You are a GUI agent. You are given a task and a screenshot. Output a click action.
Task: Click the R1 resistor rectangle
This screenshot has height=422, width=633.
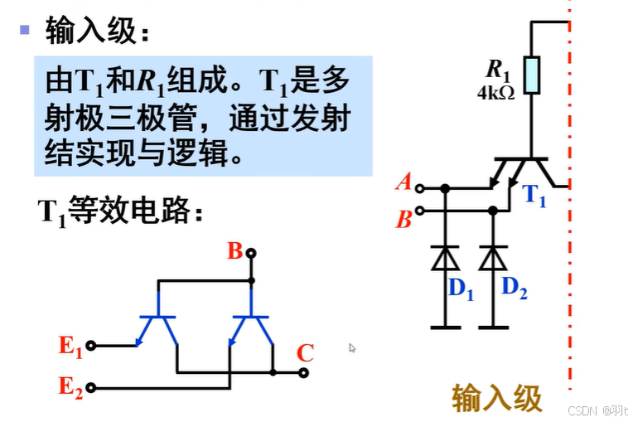pos(531,74)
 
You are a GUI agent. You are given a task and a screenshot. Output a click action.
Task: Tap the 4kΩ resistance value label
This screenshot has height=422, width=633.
pos(495,94)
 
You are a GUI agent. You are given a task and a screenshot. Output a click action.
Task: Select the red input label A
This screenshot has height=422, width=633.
pos(404,182)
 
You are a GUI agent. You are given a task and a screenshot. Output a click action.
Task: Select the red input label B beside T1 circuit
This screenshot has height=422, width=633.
pos(404,220)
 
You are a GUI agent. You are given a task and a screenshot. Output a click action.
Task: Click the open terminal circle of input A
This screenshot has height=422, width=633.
pos(420,188)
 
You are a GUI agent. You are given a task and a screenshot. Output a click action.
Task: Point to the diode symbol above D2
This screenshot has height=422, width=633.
pos(494,259)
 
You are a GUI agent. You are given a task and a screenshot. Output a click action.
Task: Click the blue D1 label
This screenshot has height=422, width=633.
pos(461,289)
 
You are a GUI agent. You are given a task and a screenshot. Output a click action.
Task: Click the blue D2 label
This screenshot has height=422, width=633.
pos(515,288)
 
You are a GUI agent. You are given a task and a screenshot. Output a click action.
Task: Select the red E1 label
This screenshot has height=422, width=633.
pos(70,346)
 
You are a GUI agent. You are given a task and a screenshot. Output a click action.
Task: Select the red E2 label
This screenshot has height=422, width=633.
pos(70,386)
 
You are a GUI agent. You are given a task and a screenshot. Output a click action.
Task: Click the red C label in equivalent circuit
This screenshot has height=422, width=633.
pos(305,353)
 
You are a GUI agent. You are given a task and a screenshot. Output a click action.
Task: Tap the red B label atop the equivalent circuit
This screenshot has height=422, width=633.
pos(234,250)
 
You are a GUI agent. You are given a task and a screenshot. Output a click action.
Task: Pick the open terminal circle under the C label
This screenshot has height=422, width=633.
pos(304,373)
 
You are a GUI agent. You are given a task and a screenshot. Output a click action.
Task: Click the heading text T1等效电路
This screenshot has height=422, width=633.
pos(120,210)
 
